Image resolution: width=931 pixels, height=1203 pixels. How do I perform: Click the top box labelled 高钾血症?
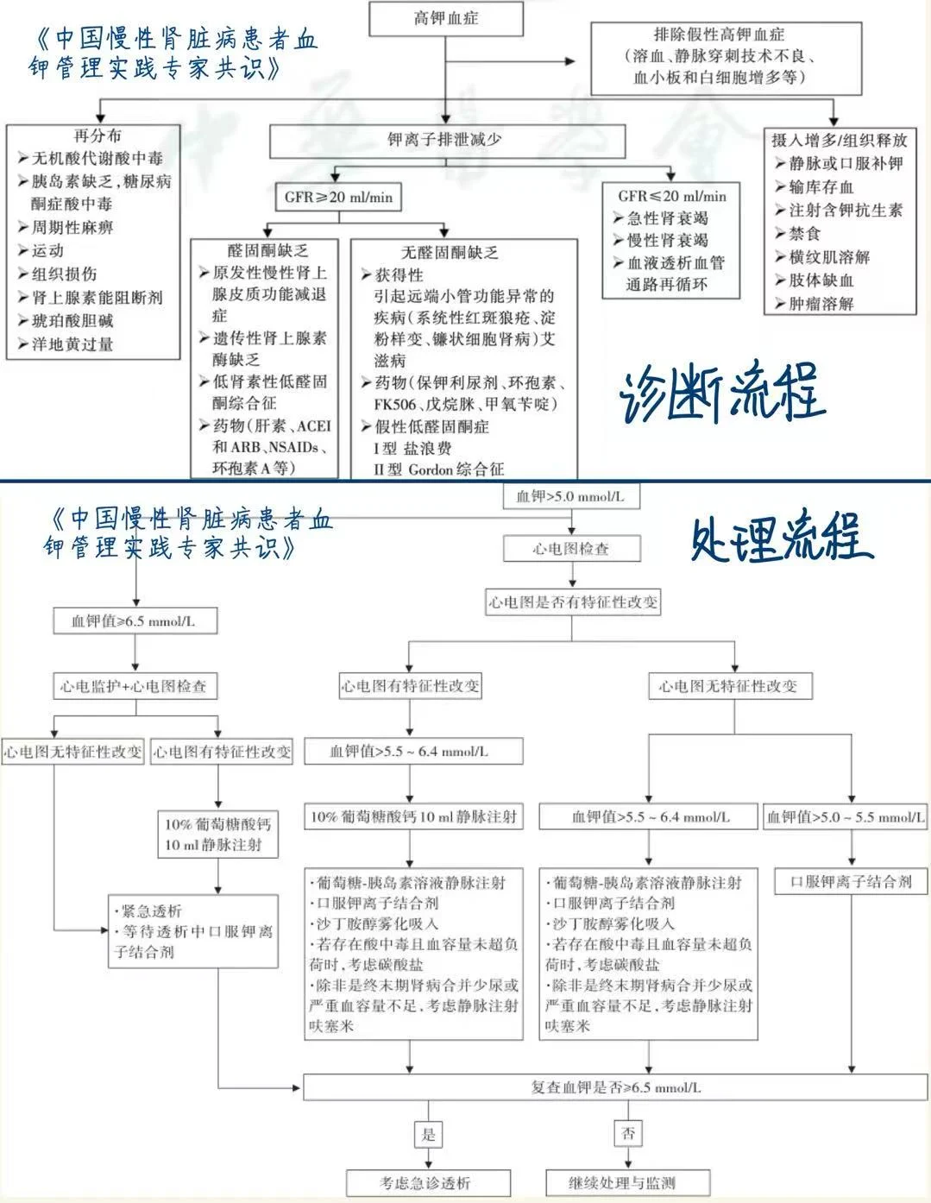click(446, 18)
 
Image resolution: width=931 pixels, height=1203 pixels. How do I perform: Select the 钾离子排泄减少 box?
click(445, 140)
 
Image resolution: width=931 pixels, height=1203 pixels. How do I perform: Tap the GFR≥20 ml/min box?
click(338, 197)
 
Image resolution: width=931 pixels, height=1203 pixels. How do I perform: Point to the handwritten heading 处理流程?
click(781, 539)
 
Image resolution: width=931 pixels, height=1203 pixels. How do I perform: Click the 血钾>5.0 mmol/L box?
click(570, 496)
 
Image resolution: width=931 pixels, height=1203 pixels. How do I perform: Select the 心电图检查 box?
click(570, 548)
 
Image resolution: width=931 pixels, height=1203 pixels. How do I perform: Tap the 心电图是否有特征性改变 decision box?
click(572, 601)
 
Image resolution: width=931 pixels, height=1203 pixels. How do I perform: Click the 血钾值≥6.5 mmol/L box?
click(134, 620)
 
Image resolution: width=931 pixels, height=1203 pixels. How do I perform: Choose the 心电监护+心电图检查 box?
click(134, 686)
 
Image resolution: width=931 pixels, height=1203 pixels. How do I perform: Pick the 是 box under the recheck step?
click(429, 1134)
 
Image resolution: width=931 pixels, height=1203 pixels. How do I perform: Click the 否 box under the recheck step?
click(628, 1133)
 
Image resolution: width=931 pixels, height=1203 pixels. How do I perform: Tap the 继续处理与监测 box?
click(616, 1182)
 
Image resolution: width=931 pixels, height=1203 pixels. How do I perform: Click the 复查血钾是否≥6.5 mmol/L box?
click(615, 1087)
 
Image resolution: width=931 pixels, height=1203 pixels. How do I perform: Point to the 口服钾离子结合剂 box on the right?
click(851, 882)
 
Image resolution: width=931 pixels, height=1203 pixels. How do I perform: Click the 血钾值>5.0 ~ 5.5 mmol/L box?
click(846, 816)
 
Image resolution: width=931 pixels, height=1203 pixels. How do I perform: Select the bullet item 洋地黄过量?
click(72, 344)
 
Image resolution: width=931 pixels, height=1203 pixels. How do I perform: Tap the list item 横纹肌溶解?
click(829, 257)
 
